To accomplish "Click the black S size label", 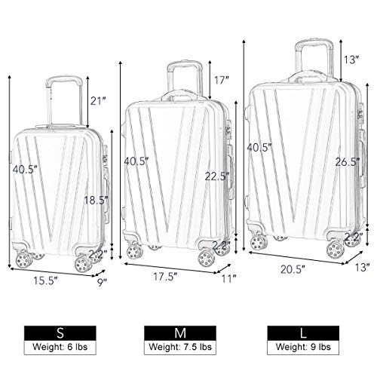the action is tap(60, 333).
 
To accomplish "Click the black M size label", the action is tap(180, 333).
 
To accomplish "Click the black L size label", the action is tap(303, 333).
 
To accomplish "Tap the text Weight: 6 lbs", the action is tap(60, 347).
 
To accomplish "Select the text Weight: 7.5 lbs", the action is tap(180, 347).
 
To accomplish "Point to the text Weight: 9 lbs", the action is tap(303, 347).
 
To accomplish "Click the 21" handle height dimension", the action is tap(97, 101).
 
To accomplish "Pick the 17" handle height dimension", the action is tap(222, 81).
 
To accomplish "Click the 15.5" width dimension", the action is tap(48, 280).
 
